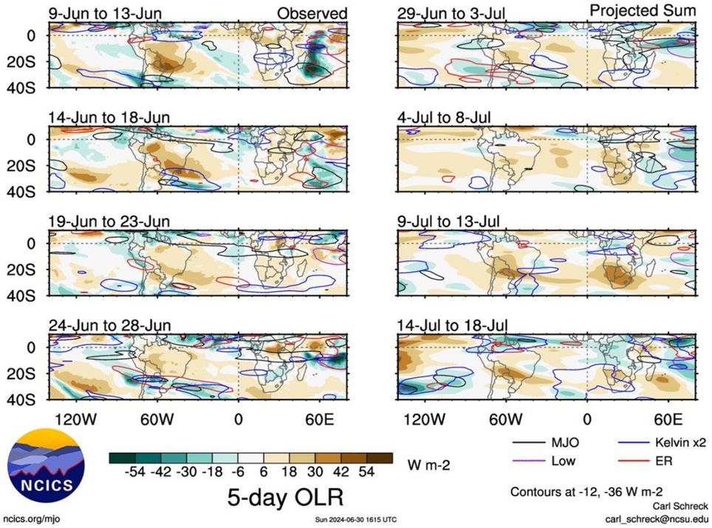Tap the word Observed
(x=312, y=13)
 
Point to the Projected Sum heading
(x=642, y=11)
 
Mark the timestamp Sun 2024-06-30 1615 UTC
(x=357, y=520)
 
